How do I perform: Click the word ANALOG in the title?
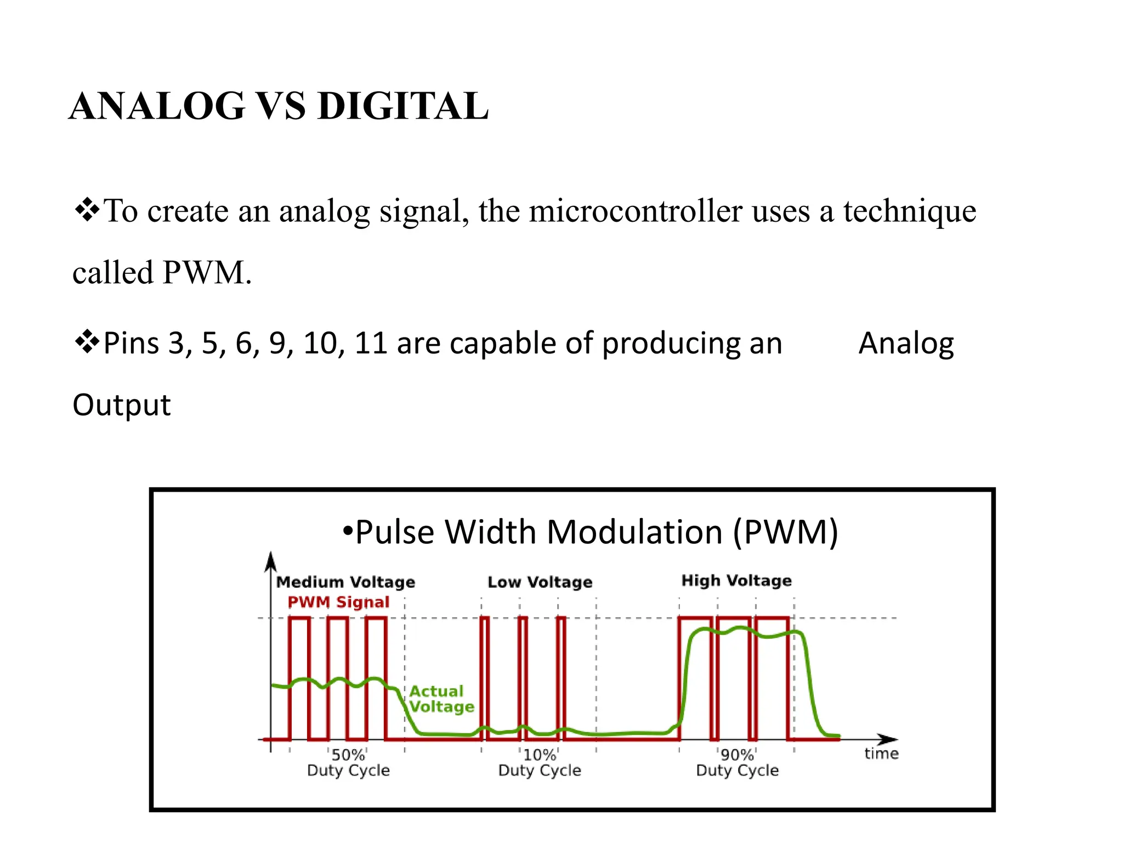tap(157, 106)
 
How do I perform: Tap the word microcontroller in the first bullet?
tap(636, 211)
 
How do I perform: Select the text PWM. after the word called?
tap(207, 272)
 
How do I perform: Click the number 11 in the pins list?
tap(371, 344)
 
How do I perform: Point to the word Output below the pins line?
tap(122, 405)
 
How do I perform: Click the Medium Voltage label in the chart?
tap(345, 582)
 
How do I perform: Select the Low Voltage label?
tap(540, 582)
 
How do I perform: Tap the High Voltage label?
tap(736, 580)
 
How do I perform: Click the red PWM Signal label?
tap(338, 602)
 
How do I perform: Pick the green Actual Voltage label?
tap(441, 699)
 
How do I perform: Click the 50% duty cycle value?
tap(348, 755)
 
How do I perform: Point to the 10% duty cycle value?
tap(540, 755)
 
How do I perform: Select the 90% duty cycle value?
tap(737, 755)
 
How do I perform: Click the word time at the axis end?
tap(881, 754)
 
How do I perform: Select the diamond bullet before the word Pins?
tap(87, 342)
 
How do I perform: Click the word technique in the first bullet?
tap(910, 211)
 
